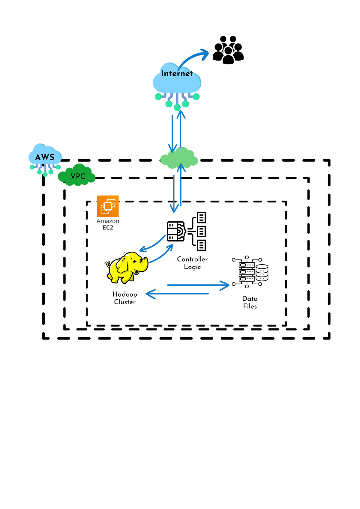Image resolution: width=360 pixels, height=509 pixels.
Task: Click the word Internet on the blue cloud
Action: click(x=176, y=73)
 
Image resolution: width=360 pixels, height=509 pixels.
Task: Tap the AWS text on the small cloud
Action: click(x=45, y=157)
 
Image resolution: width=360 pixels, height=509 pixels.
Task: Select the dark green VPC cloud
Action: click(x=77, y=175)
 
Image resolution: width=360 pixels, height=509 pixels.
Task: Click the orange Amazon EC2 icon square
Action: click(x=108, y=206)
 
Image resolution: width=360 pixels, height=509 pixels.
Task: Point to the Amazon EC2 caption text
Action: click(x=108, y=224)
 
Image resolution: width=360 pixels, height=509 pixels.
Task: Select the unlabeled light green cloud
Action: click(x=179, y=158)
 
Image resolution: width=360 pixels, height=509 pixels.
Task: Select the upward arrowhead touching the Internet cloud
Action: click(x=181, y=114)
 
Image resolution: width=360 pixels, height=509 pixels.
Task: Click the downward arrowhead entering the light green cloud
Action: click(x=172, y=148)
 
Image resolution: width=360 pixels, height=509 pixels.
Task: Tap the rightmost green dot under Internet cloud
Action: click(x=196, y=97)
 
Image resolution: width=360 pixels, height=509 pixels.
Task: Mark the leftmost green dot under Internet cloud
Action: click(x=158, y=97)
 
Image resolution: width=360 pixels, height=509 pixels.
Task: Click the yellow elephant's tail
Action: click(x=109, y=265)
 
